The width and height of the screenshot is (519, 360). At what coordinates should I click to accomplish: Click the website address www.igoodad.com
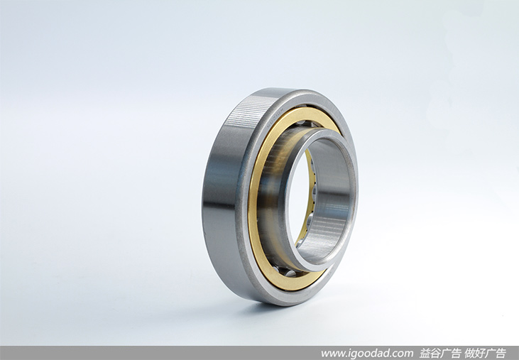pyautogui.click(x=367, y=353)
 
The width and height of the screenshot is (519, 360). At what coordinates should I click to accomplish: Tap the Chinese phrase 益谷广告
pyautogui.click(x=440, y=353)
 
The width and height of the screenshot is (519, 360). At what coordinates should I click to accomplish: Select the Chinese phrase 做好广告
pyautogui.click(x=485, y=353)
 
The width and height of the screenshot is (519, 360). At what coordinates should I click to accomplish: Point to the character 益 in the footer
pyautogui.click(x=425, y=353)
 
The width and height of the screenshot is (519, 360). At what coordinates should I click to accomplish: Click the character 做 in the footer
pyautogui.click(x=469, y=353)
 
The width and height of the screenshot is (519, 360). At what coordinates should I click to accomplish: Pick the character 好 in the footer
pyautogui.click(x=480, y=353)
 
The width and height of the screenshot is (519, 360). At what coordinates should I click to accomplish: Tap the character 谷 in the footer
pyautogui.click(x=435, y=353)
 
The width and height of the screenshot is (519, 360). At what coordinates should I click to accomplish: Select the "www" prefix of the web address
pyautogui.click(x=330, y=354)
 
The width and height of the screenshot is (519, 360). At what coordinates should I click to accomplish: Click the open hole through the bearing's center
pyautogui.click(x=300, y=199)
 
